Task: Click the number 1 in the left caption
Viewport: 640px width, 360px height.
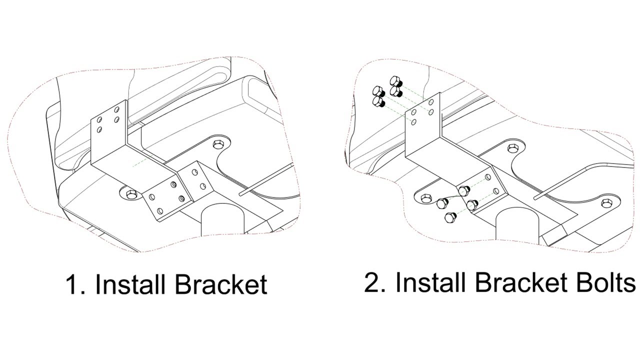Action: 72,284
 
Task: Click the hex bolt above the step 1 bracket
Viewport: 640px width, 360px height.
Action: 218,145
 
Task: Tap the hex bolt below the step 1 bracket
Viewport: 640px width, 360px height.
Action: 131,193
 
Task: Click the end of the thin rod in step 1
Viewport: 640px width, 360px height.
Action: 242,192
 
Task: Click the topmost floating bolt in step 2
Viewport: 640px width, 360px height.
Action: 395,81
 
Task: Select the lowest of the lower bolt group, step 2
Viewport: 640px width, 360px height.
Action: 449,218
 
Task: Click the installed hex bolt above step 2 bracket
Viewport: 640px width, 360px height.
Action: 513,148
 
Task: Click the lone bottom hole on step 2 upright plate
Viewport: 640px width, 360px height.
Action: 413,121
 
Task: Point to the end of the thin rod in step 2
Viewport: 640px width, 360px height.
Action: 536,197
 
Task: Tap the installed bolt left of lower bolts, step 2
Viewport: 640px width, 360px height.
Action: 425,197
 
